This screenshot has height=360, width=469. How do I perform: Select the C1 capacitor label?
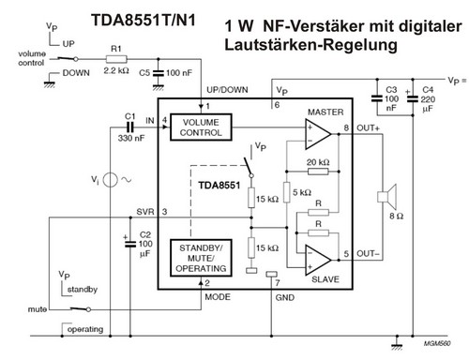129,115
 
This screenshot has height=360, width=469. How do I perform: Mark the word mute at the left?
38,307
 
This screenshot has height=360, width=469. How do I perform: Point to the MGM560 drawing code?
436,345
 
